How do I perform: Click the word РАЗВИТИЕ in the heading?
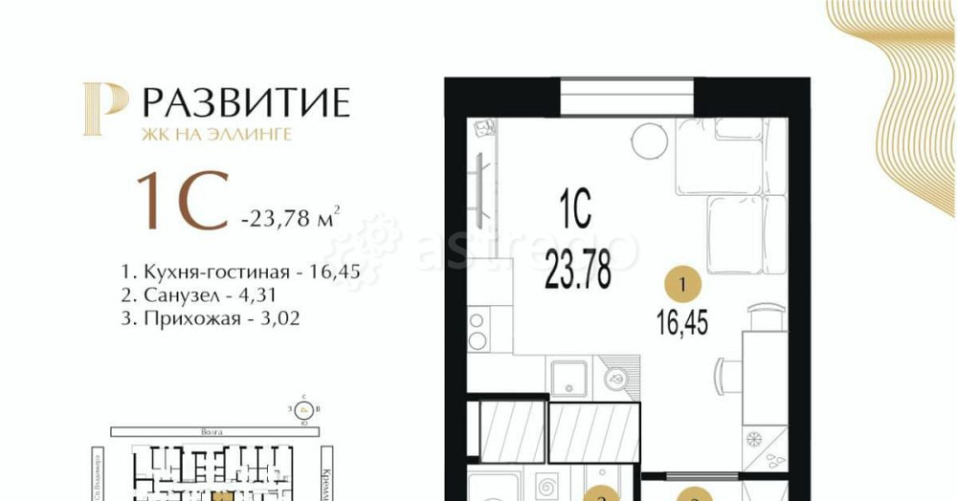pos(246,102)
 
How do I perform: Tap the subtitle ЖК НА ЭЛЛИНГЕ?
pos(217,135)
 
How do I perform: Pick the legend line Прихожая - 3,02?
pos(211,319)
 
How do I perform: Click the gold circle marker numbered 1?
pos(682,284)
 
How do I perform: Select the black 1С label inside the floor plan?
pos(575,207)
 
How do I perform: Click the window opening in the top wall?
pos(627,97)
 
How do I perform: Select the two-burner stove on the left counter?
pos(477,328)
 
